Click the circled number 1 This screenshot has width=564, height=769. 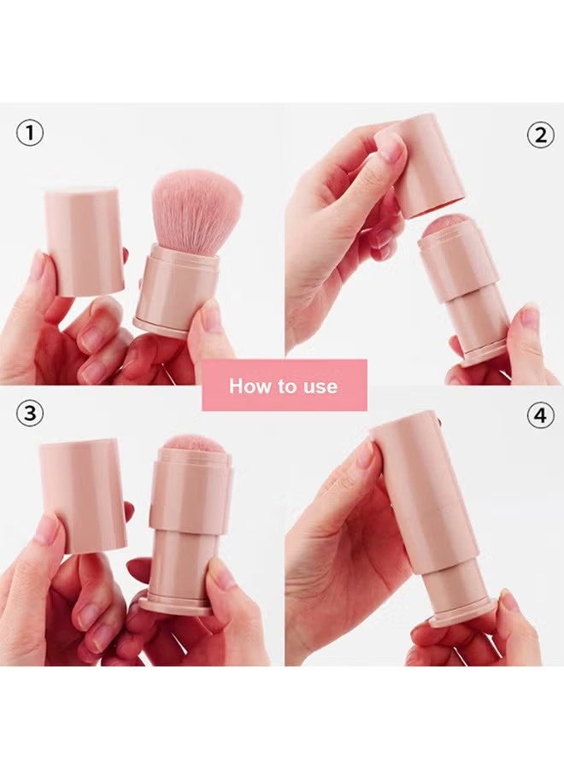(x=30, y=133)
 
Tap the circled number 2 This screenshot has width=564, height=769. (x=539, y=135)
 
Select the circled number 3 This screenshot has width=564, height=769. (x=30, y=414)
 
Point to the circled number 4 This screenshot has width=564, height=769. (x=539, y=416)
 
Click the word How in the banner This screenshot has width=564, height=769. (x=249, y=386)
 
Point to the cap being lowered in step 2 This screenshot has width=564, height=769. (x=427, y=167)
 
